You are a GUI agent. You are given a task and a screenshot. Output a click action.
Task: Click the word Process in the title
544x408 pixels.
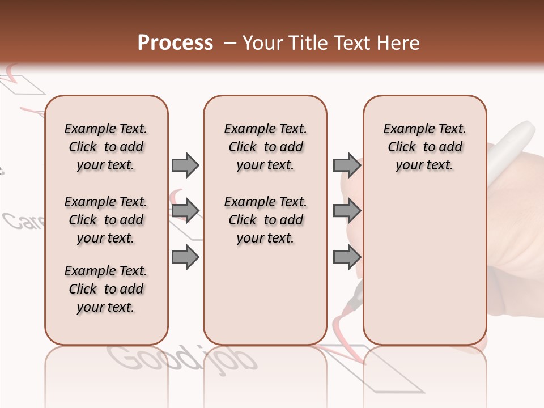pos(175,43)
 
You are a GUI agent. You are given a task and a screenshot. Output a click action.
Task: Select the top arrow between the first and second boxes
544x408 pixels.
pos(185,165)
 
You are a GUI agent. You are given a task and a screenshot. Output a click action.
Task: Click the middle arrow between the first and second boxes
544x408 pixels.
pos(185,211)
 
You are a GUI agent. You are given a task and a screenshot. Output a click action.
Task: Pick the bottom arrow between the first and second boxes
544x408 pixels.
pos(185,258)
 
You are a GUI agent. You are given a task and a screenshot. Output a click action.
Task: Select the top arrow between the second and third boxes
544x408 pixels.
pos(347,165)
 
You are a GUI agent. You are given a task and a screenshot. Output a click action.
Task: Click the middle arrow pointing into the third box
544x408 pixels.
pos(347,211)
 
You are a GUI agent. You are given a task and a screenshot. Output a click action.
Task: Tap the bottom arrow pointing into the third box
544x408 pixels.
pos(347,258)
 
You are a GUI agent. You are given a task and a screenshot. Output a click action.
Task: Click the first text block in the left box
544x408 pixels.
pos(106,147)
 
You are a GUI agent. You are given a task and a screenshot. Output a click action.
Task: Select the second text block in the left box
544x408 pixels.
pos(106,220)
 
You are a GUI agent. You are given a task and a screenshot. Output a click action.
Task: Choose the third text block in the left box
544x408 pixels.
pos(106,289)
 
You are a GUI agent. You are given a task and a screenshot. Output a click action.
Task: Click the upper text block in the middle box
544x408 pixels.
pos(265,147)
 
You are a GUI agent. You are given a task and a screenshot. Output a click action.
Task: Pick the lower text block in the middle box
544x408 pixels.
pos(265,220)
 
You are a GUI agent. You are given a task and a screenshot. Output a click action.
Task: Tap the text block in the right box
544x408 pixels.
pos(424,147)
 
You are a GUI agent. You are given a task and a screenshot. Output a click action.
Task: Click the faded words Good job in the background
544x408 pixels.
pos(181,359)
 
